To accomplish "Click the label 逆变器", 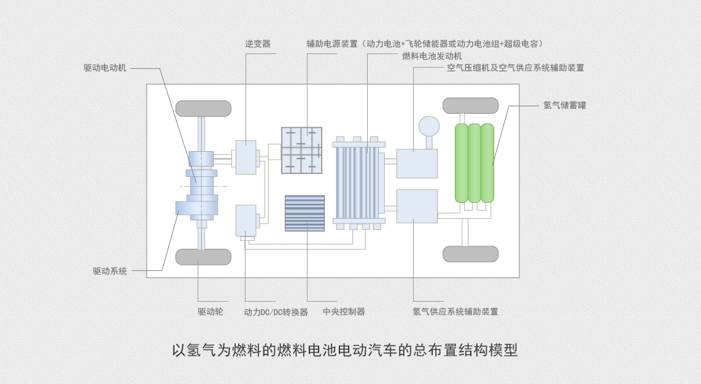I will coord(258,44).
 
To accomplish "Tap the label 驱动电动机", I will coord(105,68).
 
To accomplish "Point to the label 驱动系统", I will coord(110,270).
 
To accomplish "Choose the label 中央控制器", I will coord(344,312).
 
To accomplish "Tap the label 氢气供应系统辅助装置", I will coord(455,312).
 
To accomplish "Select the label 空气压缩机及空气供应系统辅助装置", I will coord(516,68).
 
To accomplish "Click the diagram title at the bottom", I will coord(345,350).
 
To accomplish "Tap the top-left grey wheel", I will coord(203,108).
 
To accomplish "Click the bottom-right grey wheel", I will coord(470,254).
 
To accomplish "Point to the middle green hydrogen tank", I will coord(474,163).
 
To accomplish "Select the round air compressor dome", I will coord(429,127).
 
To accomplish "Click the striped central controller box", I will coord(304,213).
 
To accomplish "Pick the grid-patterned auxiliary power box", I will coord(301,150).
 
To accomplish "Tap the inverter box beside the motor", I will coord(246,157).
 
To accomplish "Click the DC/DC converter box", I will coord(246,220).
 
